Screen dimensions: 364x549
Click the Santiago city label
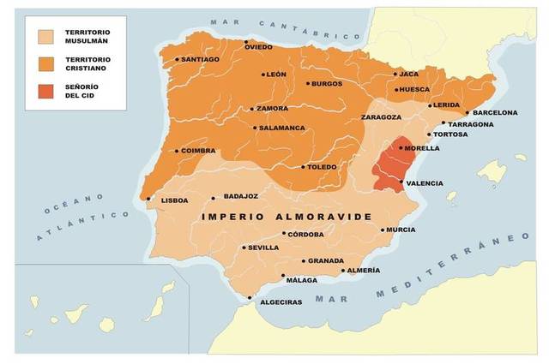[x=202, y=59]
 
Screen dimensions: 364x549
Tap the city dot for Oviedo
[x=246, y=41]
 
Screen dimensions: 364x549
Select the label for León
[x=277, y=75]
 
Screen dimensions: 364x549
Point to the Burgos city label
[x=327, y=84]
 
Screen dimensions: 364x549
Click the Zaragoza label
[x=382, y=116]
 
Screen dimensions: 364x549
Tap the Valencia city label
[x=425, y=183]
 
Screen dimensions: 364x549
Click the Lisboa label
[x=175, y=200]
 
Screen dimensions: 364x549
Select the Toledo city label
[x=322, y=167]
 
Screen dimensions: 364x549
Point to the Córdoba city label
[x=306, y=234]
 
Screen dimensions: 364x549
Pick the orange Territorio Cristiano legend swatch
[x=50, y=63]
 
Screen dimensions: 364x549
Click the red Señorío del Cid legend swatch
[x=50, y=91]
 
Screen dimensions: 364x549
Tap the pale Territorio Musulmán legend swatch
[x=50, y=37]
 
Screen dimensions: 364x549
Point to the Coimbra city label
[x=198, y=152]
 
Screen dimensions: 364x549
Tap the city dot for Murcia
[x=382, y=230]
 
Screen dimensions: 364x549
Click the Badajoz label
[x=240, y=196]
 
